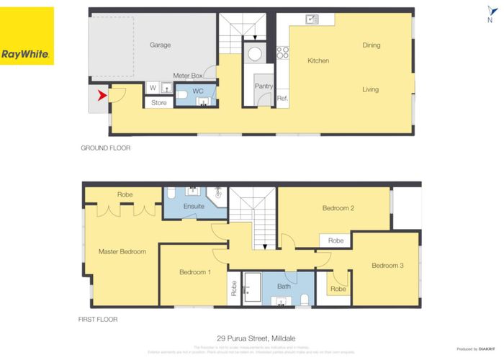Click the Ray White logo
tap(27, 36)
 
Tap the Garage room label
tap(160, 45)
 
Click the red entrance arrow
tap(102, 94)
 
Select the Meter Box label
tap(188, 76)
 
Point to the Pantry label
tap(264, 86)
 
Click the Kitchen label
tap(318, 61)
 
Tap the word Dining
tap(372, 45)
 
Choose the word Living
tap(371, 90)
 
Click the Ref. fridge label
tap(282, 99)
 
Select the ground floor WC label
tap(198, 91)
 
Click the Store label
tap(159, 103)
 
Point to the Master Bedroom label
tap(122, 252)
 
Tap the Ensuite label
tap(194, 207)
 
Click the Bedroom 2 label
tap(338, 208)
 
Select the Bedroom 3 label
tap(387, 266)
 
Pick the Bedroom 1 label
tap(194, 272)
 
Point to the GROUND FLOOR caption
tap(105, 148)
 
